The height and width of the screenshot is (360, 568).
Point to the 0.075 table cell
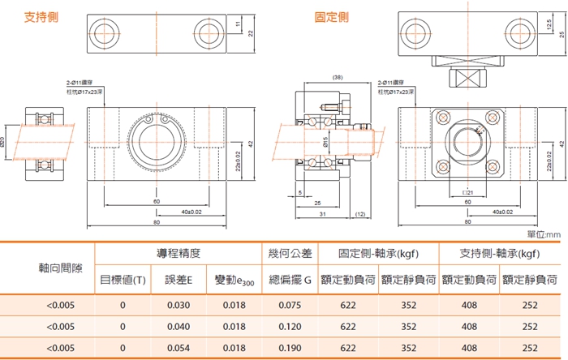click(289, 305)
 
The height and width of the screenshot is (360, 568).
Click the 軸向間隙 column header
click(48, 267)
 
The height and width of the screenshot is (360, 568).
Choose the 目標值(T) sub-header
click(123, 280)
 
